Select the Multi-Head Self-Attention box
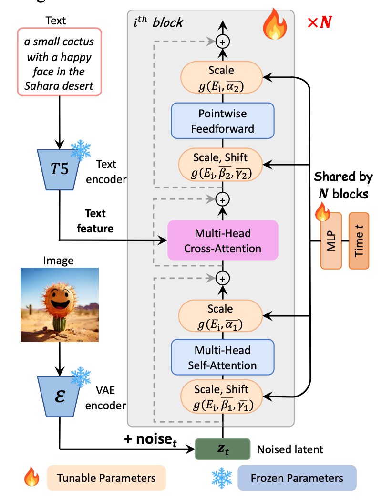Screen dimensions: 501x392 click(222, 357)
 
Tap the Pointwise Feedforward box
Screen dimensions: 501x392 click(222, 121)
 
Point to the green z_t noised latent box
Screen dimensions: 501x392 click(223, 449)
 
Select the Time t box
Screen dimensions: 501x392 click(359, 240)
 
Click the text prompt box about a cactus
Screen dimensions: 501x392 click(59, 62)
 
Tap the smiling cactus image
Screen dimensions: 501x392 click(59, 304)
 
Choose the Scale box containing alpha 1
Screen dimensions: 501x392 click(221, 317)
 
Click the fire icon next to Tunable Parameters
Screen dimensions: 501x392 click(32, 477)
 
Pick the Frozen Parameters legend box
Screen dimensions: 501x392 click(297, 478)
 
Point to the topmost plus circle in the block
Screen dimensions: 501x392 click(222, 42)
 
